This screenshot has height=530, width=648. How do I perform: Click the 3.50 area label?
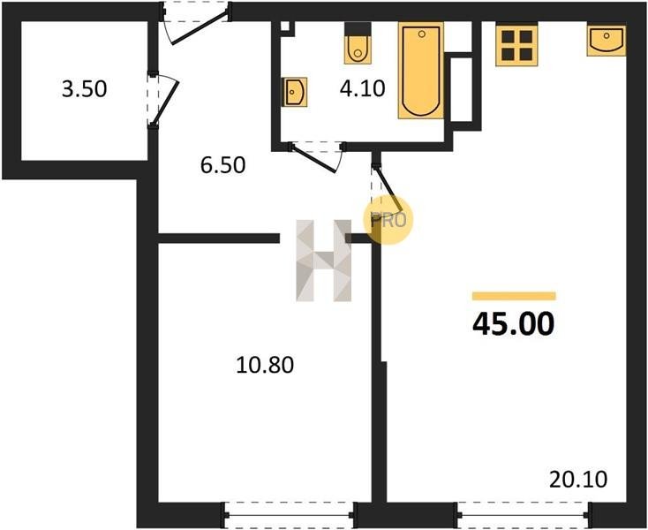[x=84, y=89]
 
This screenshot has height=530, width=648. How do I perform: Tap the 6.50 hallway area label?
[x=222, y=165]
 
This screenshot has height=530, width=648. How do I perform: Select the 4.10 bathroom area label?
[x=363, y=88]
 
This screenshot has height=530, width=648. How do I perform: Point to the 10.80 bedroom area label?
[x=265, y=365]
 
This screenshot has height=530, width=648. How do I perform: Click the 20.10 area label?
[x=578, y=480]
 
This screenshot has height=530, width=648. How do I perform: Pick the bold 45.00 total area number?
[x=513, y=324]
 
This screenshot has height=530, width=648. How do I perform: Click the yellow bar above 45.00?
[x=514, y=296]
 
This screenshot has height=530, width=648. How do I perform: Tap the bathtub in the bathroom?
[x=421, y=71]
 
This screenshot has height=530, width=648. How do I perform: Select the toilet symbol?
[x=358, y=43]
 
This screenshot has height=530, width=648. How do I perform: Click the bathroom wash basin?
[x=294, y=92]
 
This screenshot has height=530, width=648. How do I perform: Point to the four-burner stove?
[x=517, y=45]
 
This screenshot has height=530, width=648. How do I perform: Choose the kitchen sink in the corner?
[x=607, y=40]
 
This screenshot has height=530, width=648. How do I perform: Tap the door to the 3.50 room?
[x=162, y=101]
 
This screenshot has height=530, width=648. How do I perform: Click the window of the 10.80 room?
[x=290, y=515]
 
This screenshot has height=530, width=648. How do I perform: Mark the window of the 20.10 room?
[x=524, y=515]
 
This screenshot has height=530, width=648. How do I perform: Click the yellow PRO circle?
[x=388, y=220]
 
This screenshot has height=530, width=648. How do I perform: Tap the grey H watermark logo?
[x=324, y=261]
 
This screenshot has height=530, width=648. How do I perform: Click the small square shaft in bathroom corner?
[x=285, y=26]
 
